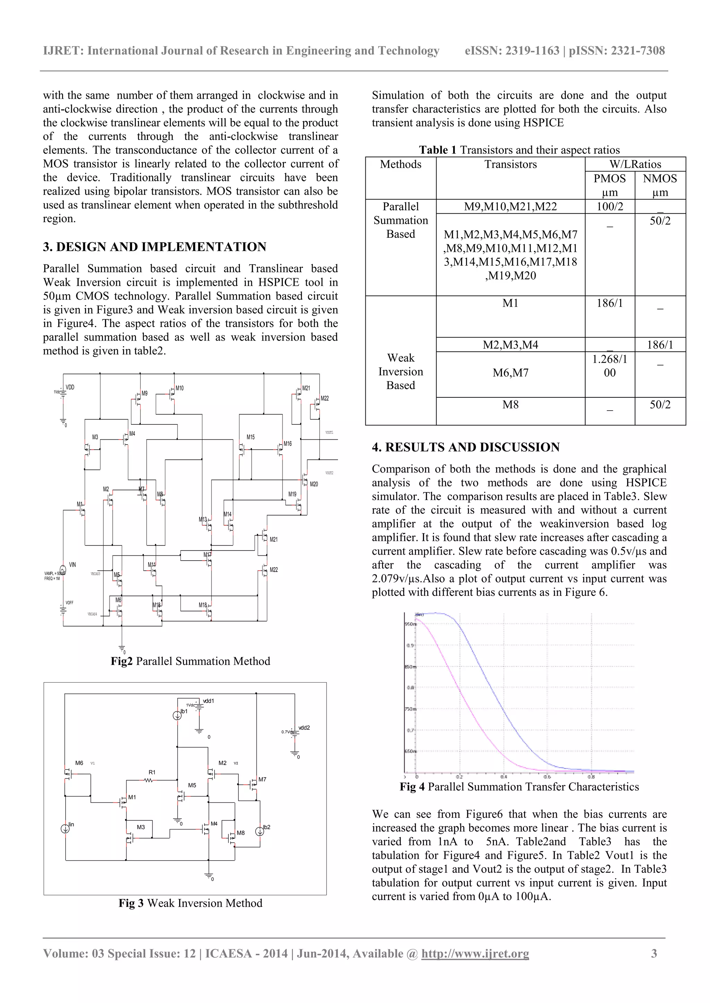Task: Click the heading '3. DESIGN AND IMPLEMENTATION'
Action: pyautogui.click(x=154, y=247)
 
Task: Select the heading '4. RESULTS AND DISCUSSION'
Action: pyautogui.click(x=466, y=447)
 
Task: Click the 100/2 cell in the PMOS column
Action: pyautogui.click(x=609, y=206)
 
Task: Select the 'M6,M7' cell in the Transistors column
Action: pyautogui.click(x=510, y=373)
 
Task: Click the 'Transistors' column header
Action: pyautogui.click(x=510, y=164)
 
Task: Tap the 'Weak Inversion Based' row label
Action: pyautogui.click(x=400, y=371)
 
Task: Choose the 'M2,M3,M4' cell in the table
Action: pyautogui.click(x=510, y=345)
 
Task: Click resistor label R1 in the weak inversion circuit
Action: pyautogui.click(x=152, y=772)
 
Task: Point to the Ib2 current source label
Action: pyautogui.click(x=267, y=827)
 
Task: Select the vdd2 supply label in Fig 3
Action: pyautogui.click(x=304, y=728)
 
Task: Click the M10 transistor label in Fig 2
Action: pyautogui.click(x=180, y=388)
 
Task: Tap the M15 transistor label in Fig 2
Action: pyautogui.click(x=251, y=437)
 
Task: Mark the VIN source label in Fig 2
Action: pyautogui.click(x=72, y=564)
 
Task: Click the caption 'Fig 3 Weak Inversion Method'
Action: pyautogui.click(x=190, y=903)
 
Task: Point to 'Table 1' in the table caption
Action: pyautogui.click(x=438, y=150)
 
